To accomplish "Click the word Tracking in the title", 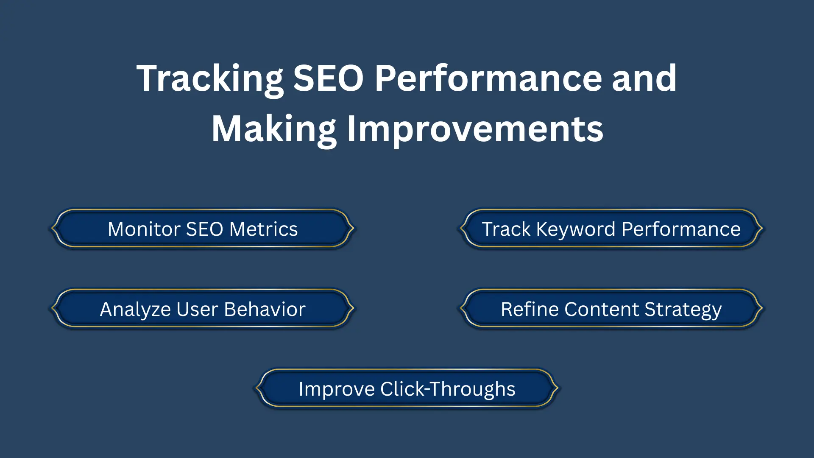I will (210, 78).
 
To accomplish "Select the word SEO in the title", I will (328, 78).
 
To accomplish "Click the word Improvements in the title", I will (475, 129).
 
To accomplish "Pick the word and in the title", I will (644, 78).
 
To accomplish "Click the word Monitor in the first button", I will (144, 229).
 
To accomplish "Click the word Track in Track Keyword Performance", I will (506, 229).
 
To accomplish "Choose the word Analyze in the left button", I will (135, 309).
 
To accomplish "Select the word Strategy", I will (683, 309).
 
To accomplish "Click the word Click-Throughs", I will (448, 389).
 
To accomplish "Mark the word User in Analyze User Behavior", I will (197, 309).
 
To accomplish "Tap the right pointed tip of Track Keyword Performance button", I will (762, 228).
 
